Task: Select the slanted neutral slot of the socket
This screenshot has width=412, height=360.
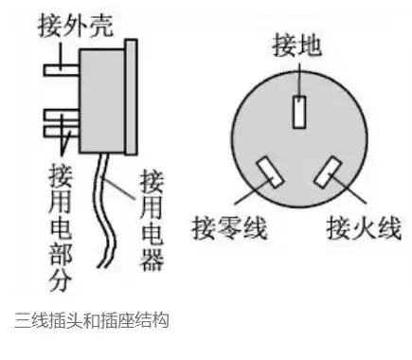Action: [x=269, y=172]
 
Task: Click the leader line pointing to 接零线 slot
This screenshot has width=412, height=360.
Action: [x=248, y=195]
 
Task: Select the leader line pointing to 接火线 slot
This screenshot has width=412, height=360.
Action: [x=349, y=197]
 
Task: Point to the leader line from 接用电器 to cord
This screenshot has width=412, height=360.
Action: [x=123, y=186]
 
